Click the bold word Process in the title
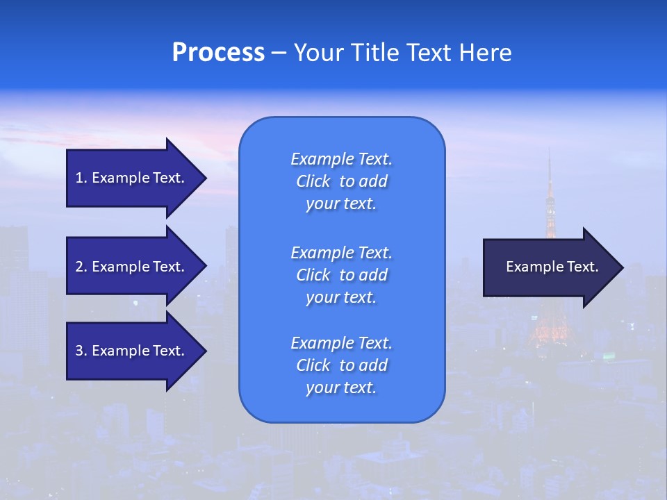218,53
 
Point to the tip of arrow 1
205,178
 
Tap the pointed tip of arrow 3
205,351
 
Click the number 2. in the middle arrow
81,267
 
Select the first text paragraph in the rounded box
341,181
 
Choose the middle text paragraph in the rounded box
341,275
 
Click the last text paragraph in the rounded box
341,365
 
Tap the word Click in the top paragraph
313,181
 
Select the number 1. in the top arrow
81,178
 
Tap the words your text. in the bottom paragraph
341,388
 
